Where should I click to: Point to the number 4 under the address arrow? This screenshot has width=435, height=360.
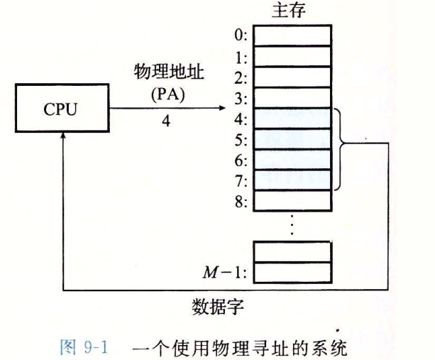pyautogui.click(x=165, y=121)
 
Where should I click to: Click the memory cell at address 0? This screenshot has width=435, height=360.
pyautogui.click(x=292, y=34)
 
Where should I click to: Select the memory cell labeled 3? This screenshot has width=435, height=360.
pyautogui.click(x=292, y=97)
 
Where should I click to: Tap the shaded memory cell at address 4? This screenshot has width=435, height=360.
pyautogui.click(x=292, y=117)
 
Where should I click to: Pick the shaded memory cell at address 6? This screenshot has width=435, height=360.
pyautogui.click(x=292, y=159)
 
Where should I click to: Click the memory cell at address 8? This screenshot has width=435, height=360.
pyautogui.click(x=292, y=200)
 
